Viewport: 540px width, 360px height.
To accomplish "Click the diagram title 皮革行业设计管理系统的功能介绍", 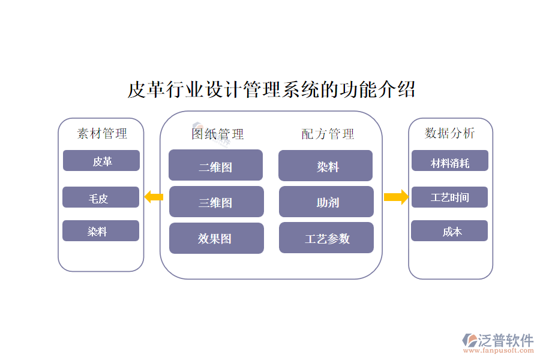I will point(271,90).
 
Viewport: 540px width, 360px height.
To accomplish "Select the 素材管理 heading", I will point(102,133).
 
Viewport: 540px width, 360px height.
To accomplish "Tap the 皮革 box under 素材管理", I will point(101,161).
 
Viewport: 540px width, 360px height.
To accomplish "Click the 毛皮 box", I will point(101,197).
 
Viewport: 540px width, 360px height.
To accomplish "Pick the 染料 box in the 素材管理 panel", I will point(101,231).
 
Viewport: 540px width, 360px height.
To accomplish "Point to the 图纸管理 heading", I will point(218,134).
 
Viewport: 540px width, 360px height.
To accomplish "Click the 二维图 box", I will point(215,166).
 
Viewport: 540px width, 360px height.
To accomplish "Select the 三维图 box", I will point(216,202).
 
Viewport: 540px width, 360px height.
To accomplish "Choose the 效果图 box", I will point(216,238).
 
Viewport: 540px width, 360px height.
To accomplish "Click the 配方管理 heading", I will point(328,134).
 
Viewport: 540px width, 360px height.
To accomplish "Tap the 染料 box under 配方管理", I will point(325,166).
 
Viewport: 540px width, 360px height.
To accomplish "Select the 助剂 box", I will point(326,202).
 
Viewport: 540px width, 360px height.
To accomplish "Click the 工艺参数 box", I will point(326,238).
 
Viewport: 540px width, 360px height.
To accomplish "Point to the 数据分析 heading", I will point(450,133).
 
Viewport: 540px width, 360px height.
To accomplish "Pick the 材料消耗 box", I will point(450,161).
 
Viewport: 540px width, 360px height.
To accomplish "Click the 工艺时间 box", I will point(449,197).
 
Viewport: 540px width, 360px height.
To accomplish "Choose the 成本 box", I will point(449,231).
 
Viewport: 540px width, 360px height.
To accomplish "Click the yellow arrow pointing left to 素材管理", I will point(154,196).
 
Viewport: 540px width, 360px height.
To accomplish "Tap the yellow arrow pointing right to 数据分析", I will point(396,197).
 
